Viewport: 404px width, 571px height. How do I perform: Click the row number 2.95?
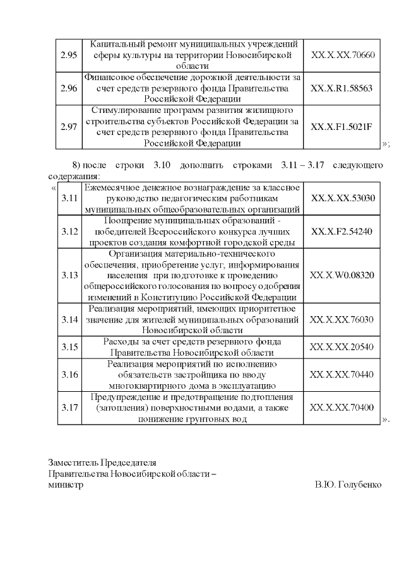tap(69, 56)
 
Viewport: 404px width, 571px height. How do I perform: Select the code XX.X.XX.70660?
tap(343, 56)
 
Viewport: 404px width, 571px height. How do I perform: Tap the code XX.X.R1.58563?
tap(343, 88)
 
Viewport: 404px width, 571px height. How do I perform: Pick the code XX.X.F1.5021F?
tap(343, 126)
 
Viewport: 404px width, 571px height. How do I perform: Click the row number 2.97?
tap(69, 126)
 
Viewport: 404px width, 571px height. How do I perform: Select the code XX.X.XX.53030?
tap(343, 198)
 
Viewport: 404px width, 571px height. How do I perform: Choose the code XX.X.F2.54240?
tap(343, 232)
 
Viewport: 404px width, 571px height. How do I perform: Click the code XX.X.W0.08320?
tap(343, 276)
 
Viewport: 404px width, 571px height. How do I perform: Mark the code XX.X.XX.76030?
tap(343, 319)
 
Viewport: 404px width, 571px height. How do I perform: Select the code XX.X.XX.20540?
tap(343, 347)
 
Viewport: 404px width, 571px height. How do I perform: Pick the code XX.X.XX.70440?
tap(343, 374)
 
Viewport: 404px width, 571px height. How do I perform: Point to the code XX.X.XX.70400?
tap(343, 407)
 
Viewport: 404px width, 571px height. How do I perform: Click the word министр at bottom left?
tap(66, 485)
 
